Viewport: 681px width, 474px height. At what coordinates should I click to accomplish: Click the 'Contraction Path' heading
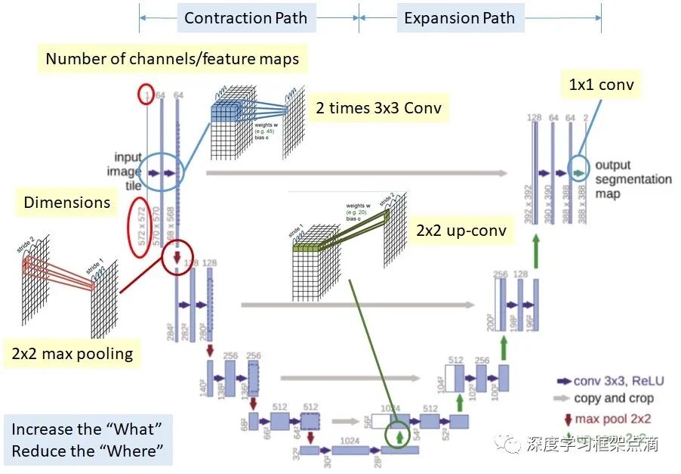coord(245,18)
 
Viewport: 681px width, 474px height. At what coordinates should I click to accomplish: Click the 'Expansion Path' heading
coord(459,18)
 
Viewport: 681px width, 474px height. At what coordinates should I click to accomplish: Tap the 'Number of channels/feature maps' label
coord(172,59)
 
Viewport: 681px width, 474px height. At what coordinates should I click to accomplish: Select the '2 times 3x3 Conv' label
coord(378,109)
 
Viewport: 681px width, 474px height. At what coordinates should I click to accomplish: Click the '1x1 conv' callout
coord(601,85)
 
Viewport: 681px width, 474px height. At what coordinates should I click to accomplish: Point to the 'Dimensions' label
coord(66,203)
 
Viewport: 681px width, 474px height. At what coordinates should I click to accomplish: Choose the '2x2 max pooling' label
coord(72,353)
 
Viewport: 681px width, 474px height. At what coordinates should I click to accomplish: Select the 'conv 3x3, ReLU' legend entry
coord(612,382)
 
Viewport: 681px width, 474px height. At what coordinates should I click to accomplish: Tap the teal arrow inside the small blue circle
coord(578,173)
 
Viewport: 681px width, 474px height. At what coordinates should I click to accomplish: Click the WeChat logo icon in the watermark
coord(512,441)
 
